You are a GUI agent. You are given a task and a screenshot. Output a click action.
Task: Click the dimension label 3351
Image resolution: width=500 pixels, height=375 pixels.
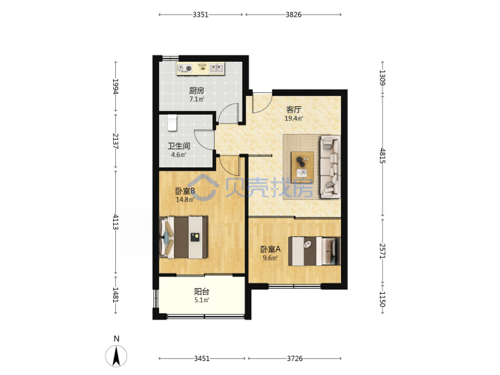point(201,15)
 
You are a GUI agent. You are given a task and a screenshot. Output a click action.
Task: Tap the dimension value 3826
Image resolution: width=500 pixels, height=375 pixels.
point(293,15)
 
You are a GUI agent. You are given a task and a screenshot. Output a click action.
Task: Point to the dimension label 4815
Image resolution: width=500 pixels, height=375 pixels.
point(383,156)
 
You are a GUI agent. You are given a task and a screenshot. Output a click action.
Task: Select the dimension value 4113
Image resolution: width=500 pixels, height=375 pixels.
point(115,222)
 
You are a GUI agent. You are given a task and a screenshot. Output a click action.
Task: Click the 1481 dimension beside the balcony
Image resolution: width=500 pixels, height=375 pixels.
point(115,295)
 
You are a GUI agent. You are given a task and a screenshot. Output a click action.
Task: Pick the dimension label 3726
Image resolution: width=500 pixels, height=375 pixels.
point(294,358)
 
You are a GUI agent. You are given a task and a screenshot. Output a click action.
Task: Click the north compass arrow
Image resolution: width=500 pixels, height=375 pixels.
point(117,356)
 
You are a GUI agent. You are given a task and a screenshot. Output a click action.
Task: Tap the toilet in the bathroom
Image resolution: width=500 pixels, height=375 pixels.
point(172,123)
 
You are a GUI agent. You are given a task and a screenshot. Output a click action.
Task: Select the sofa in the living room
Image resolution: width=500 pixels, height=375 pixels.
point(330,167)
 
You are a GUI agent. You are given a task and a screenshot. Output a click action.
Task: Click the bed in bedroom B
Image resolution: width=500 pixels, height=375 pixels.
point(183,237)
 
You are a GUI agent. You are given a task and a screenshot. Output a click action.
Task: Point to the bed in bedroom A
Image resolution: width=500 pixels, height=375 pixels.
point(315,251)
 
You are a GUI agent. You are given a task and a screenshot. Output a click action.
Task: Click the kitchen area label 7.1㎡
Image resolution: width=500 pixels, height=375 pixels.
point(197,99)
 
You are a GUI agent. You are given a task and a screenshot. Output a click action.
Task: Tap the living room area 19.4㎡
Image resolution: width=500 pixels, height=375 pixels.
point(294,119)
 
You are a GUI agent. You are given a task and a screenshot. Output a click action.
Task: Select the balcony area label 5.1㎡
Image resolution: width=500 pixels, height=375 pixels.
point(202,300)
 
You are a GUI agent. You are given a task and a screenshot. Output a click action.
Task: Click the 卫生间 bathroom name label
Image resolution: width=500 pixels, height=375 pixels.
point(179,147)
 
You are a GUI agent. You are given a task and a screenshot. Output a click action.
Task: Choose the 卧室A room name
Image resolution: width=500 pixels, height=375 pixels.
point(270,249)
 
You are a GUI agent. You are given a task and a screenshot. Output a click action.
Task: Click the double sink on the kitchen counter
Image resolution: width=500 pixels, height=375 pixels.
point(217,68)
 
